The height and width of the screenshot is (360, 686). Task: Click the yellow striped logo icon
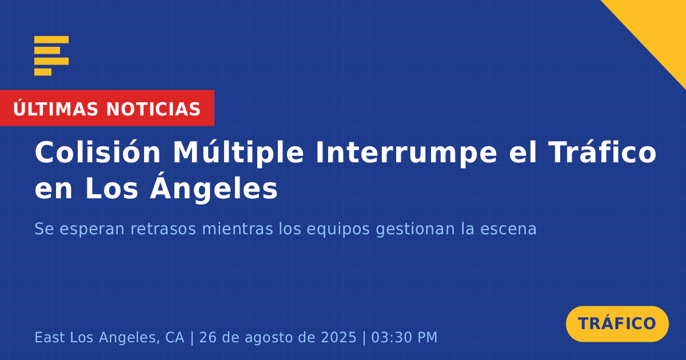(51, 56)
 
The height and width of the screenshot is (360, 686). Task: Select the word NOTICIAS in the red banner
(153, 109)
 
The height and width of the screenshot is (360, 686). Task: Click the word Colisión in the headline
(98, 152)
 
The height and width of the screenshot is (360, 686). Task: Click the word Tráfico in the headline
(603, 152)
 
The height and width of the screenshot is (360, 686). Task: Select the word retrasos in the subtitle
(163, 229)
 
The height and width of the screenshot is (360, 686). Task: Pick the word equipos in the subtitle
(338, 230)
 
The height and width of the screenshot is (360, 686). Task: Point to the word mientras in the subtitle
(237, 229)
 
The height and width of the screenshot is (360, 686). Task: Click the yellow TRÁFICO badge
(617, 324)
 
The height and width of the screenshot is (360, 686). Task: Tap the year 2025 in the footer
(338, 338)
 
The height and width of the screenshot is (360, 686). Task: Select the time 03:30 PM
(404, 338)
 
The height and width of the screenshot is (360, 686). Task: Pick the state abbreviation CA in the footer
(175, 338)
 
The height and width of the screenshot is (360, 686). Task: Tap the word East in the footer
(50, 338)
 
